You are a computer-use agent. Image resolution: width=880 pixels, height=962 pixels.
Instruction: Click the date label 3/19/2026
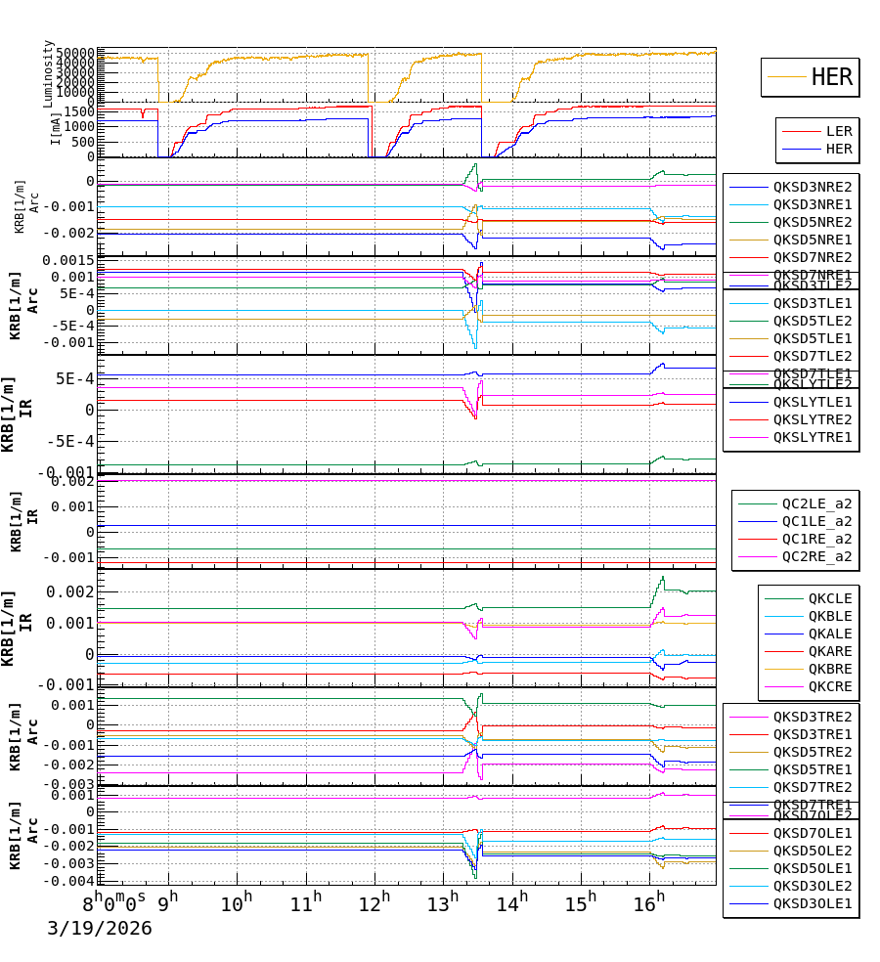(100, 928)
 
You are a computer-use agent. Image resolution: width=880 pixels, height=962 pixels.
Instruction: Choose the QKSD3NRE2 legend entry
(813, 187)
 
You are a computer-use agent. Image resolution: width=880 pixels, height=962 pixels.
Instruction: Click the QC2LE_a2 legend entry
(816, 503)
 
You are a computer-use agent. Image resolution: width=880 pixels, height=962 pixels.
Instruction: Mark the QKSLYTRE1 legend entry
(813, 437)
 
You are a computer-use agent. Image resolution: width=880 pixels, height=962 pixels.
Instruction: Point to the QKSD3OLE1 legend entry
(813, 903)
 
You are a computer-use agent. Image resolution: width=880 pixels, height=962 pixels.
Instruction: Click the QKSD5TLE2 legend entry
(813, 321)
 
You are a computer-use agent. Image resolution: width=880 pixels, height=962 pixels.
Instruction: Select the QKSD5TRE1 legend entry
(813, 769)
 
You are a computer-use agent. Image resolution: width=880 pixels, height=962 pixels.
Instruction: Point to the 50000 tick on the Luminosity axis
(74, 53)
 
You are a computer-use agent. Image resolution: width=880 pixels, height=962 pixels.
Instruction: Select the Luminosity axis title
(48, 74)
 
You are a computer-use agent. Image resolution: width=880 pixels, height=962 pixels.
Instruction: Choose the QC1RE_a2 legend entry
(816, 539)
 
